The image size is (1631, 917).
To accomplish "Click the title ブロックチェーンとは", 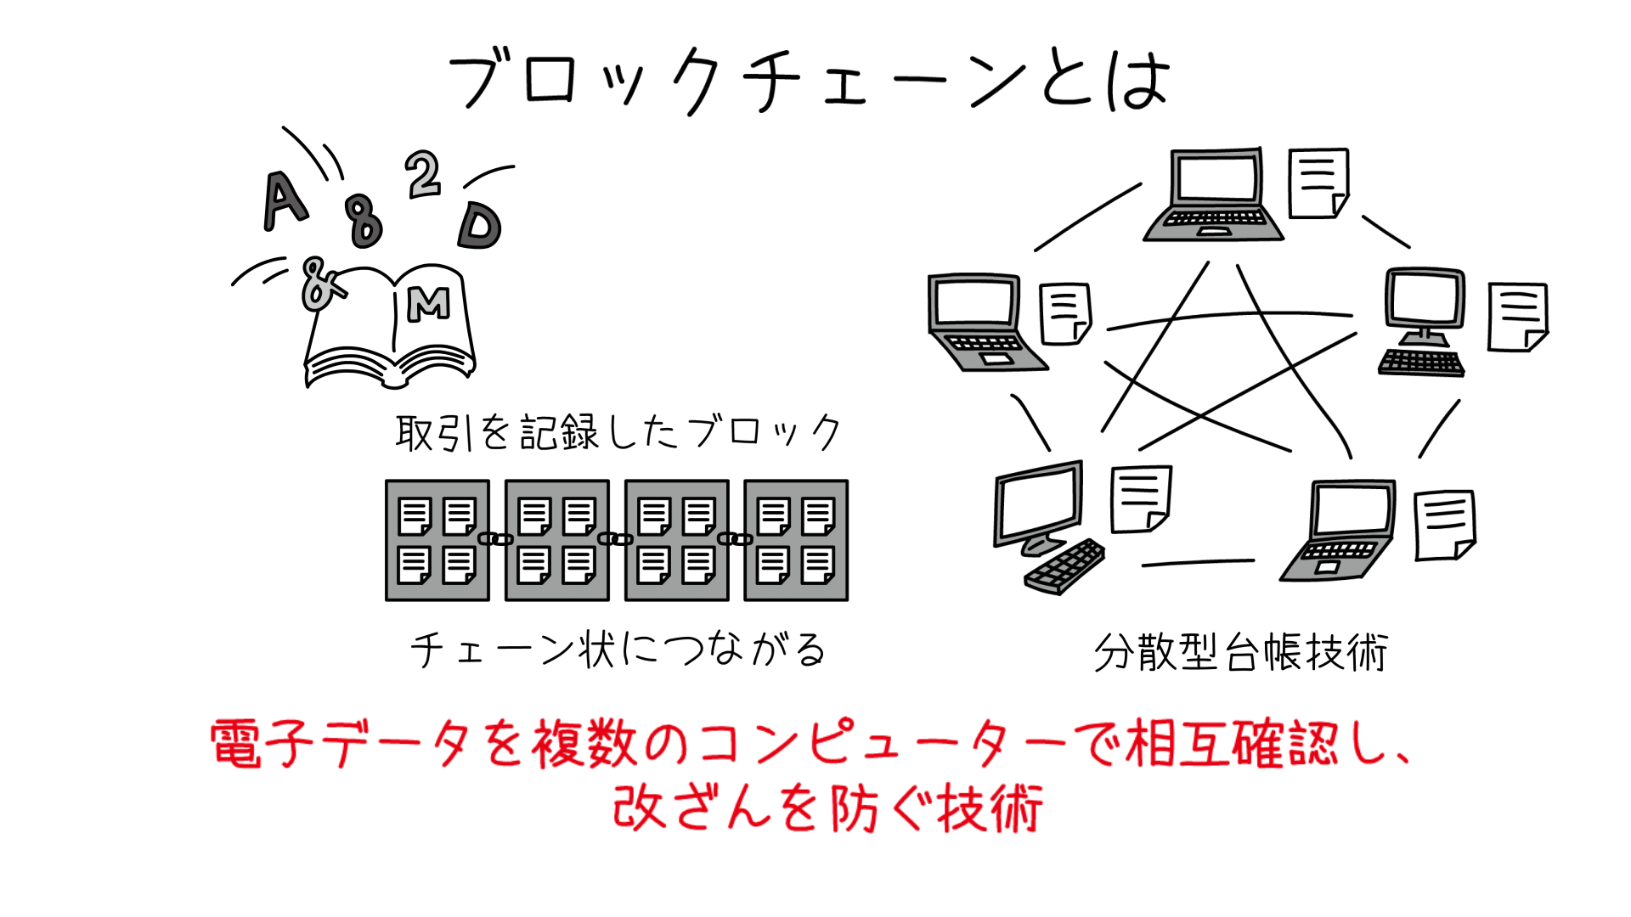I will click(809, 81).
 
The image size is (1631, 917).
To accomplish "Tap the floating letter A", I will click(284, 200).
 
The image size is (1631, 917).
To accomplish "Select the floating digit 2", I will click(423, 174).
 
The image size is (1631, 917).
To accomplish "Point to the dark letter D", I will click(480, 226).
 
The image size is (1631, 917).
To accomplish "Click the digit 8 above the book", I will click(364, 221).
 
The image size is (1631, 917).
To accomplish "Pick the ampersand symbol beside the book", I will click(319, 284).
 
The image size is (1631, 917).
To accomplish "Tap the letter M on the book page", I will click(428, 303).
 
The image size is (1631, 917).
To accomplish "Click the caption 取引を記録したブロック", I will click(618, 432).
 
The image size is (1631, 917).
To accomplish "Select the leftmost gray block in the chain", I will click(437, 540).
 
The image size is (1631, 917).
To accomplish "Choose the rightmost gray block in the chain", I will click(796, 540).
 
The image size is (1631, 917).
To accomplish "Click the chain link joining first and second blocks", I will click(496, 539).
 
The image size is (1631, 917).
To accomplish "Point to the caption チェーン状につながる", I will click(618, 650).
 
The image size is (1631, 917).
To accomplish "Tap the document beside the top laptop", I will click(1318, 183).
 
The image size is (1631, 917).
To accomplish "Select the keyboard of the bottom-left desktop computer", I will click(1064, 567).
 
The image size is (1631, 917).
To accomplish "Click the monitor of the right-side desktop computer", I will click(1425, 298).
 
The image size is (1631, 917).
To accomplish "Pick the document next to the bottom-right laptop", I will click(1444, 525).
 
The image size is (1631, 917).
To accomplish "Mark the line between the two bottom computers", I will click(1198, 562).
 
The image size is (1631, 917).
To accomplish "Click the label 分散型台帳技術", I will click(1240, 652).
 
